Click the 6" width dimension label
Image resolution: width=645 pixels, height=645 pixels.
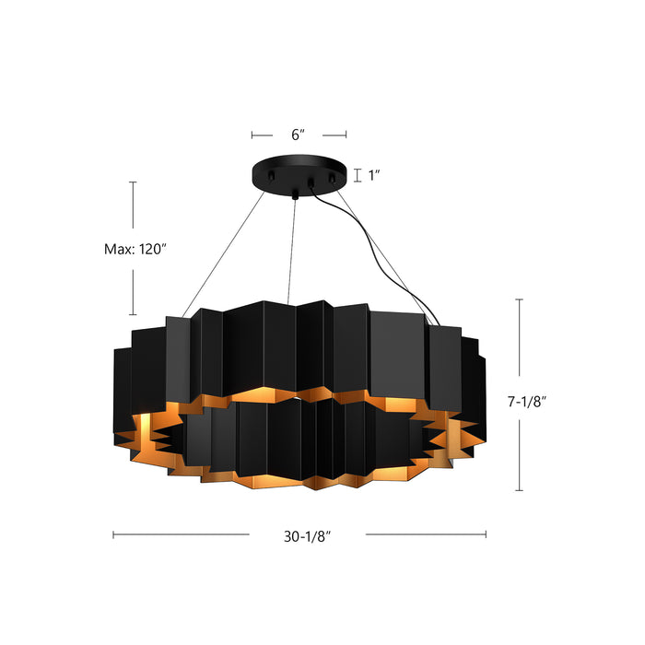tap(298, 135)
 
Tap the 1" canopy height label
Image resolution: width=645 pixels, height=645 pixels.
tap(375, 174)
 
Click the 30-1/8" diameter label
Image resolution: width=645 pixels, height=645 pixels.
tap(307, 535)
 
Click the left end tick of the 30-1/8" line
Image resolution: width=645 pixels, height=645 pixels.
tap(113, 534)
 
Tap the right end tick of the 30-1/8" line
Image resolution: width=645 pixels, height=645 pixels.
tap(486, 534)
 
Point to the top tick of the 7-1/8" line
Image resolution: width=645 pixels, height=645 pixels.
tap(519, 299)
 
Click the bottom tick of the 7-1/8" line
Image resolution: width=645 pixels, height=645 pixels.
tap(519, 489)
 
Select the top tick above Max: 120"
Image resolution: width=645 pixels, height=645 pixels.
tap(133, 182)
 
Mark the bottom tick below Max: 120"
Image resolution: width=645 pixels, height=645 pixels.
tap(133, 315)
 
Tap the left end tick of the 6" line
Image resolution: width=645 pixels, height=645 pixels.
tap(252, 135)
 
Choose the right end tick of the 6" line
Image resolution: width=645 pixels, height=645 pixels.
tap(346, 135)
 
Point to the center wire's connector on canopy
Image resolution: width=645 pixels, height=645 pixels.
tap(295, 193)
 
